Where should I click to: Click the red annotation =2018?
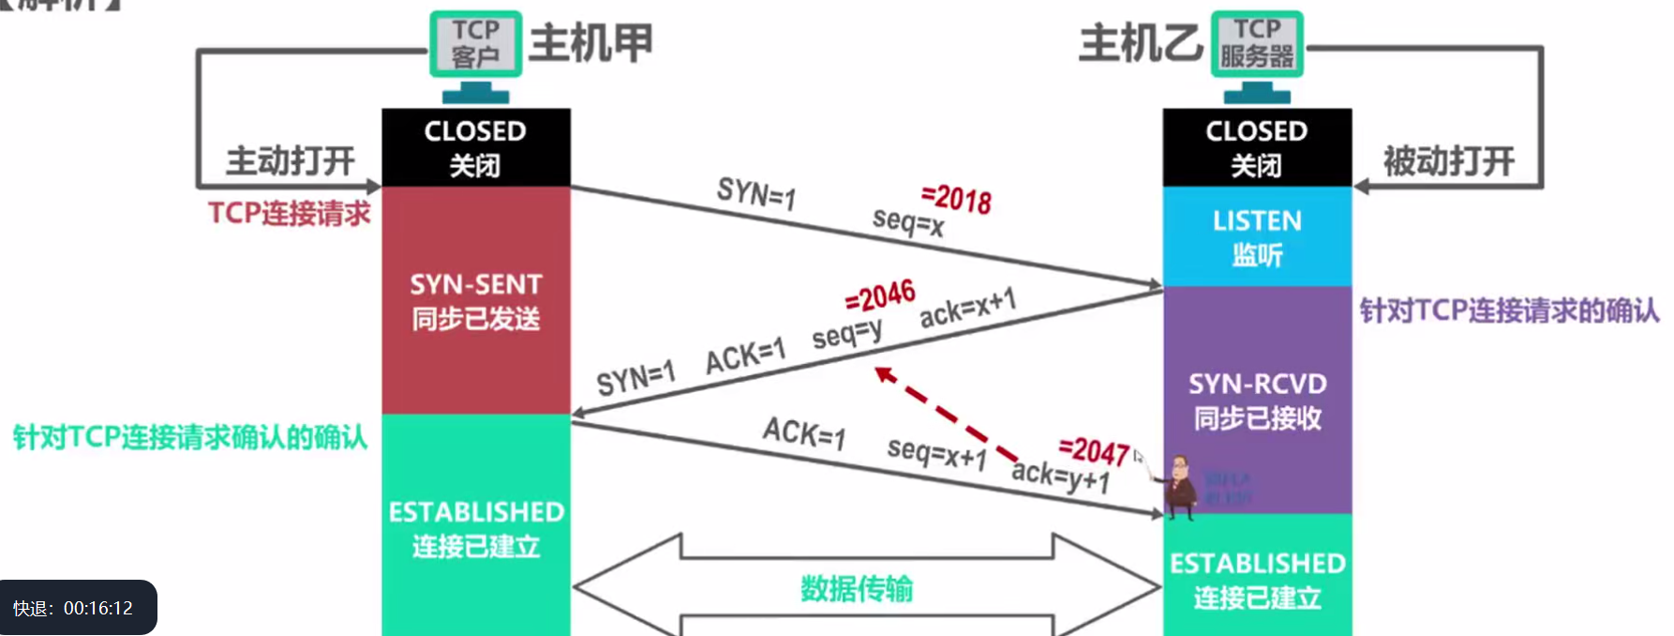pyautogui.click(x=956, y=199)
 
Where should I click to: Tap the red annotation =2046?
pyautogui.click(x=879, y=297)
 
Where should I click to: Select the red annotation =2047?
pyautogui.click(x=1093, y=451)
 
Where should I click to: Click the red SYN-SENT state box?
pyautogui.click(x=475, y=300)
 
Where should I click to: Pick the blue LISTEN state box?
pyautogui.click(x=1257, y=236)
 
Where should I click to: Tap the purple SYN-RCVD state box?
pyautogui.click(x=1257, y=400)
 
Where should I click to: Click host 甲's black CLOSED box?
pyautogui.click(x=475, y=147)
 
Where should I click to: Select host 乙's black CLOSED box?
pyautogui.click(x=1257, y=147)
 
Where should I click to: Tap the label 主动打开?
pyautogui.click(x=291, y=161)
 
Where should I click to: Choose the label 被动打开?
pyautogui.click(x=1449, y=161)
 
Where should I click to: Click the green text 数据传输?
pyautogui.click(x=857, y=589)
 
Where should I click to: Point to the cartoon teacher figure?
pyautogui.click(x=1180, y=486)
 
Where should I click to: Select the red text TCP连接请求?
pyautogui.click(x=290, y=214)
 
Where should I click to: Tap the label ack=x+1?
pyautogui.click(x=967, y=309)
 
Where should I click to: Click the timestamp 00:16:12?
pyautogui.click(x=97, y=609)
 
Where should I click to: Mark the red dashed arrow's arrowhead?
pyautogui.click(x=883, y=374)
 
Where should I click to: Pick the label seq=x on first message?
pyautogui.click(x=907, y=222)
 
